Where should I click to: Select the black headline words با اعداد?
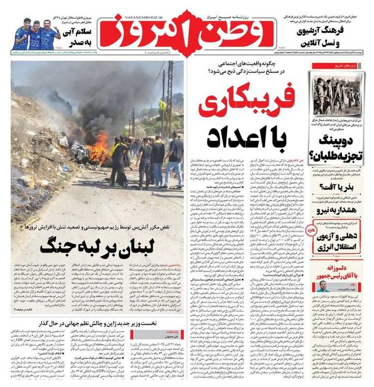[x=246, y=137]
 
